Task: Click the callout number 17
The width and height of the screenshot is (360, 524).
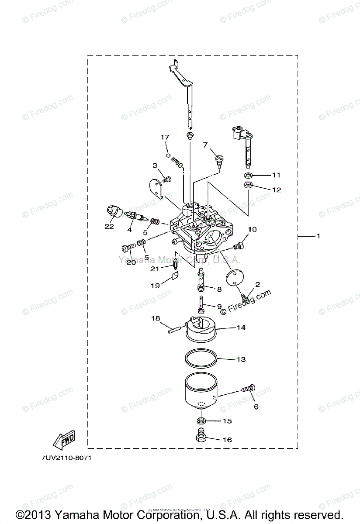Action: (x=164, y=137)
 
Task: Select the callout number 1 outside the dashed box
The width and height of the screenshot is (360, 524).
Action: (x=318, y=236)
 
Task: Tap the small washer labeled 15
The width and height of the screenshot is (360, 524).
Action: (x=201, y=421)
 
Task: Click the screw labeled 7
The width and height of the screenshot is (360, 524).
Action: (x=219, y=160)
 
